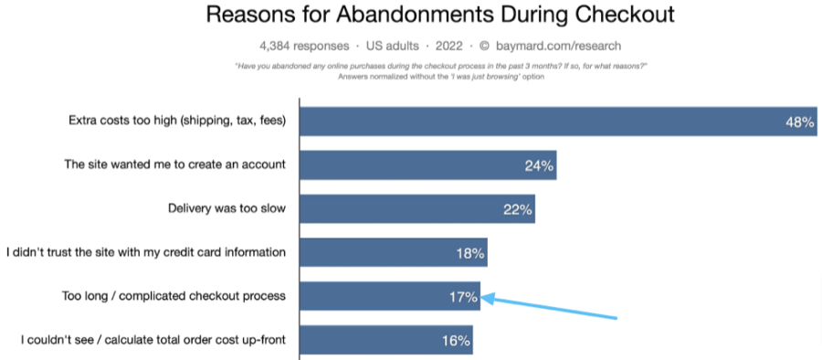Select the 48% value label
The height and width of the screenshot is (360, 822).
pyautogui.click(x=799, y=122)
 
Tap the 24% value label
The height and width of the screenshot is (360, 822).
pyautogui.click(x=538, y=166)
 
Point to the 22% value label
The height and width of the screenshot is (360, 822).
pyautogui.click(x=517, y=209)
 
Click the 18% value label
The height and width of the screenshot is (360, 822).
pyautogui.click(x=469, y=253)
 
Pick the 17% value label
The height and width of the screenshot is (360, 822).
pyautogui.click(x=463, y=296)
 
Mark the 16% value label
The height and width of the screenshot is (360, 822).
pyautogui.click(x=456, y=341)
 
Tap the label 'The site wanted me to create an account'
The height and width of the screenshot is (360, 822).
pyautogui.click(x=174, y=165)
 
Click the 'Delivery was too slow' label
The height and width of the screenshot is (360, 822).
pyautogui.click(x=227, y=208)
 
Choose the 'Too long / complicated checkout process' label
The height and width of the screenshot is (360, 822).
pyautogui.click(x=174, y=296)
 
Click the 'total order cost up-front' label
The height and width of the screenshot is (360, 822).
pyautogui.click(x=153, y=340)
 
